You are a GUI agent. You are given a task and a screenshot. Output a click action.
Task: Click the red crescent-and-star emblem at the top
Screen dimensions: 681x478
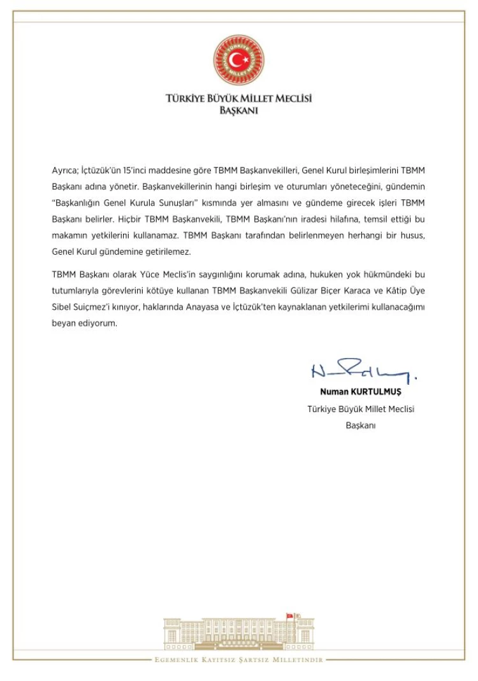(x=238, y=60)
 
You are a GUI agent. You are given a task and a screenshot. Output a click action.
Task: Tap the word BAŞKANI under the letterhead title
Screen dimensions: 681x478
(x=238, y=110)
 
